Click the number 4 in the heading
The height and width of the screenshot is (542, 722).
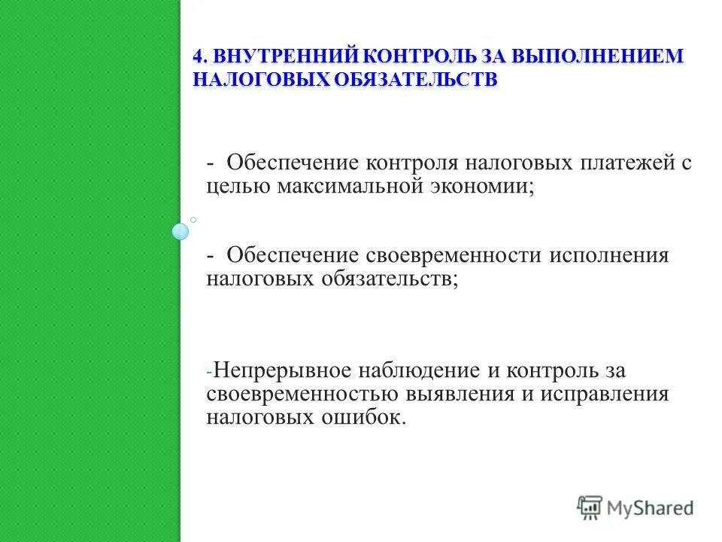(x=198, y=57)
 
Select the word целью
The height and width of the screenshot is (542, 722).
(x=237, y=186)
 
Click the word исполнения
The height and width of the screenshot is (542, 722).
(x=608, y=254)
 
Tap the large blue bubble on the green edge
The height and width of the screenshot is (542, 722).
(x=180, y=232)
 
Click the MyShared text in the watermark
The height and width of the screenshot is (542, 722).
(x=651, y=507)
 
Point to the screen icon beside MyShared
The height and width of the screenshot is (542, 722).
(x=590, y=507)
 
